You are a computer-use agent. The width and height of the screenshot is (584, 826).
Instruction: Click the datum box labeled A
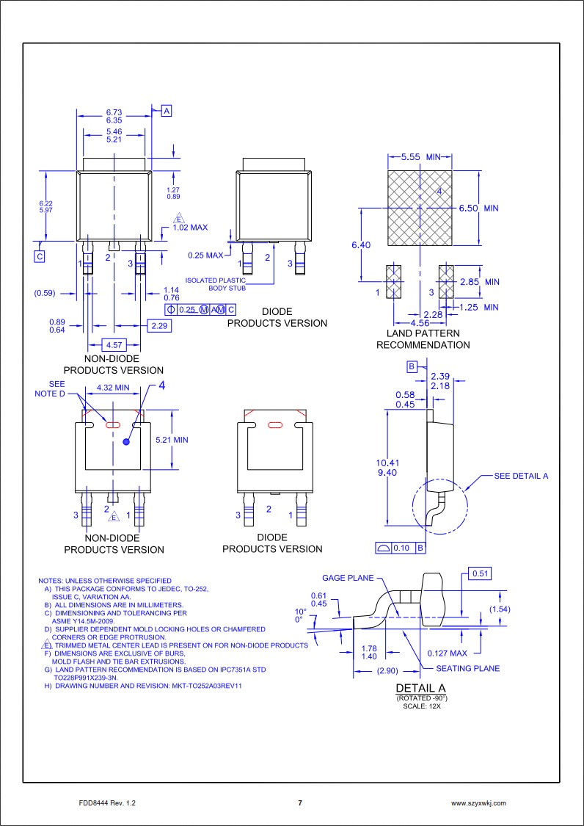point(167,111)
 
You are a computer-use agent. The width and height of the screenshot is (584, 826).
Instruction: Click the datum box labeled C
point(40,256)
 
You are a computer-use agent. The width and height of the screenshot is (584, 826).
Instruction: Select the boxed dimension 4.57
point(114,344)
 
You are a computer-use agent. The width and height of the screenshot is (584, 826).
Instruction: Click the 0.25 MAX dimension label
point(205,256)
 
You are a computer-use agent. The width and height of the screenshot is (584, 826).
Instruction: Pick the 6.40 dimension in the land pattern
point(361,244)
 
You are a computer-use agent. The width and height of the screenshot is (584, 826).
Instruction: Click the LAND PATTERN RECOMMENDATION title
point(423,339)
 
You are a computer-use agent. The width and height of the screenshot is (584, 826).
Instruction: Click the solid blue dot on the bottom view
point(127,442)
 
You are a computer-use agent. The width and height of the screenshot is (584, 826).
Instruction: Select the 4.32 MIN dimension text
point(113,387)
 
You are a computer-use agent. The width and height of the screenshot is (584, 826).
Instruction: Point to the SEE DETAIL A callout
point(521,476)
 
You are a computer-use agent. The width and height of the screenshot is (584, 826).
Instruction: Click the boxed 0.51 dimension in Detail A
point(481,573)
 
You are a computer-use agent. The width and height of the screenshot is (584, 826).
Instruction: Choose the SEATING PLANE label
point(467,668)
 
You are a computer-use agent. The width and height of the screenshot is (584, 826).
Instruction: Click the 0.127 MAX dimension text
point(447,653)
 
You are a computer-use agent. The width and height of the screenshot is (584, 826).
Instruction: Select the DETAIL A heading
point(420,688)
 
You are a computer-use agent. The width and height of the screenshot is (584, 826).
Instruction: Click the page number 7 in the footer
point(299,803)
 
